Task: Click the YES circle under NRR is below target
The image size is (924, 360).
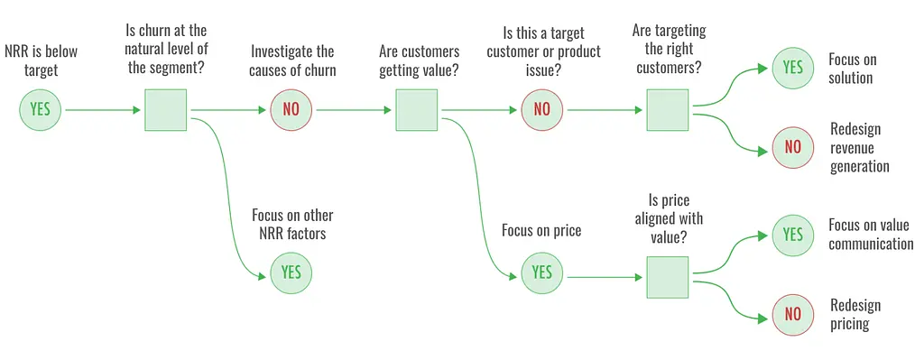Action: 40,109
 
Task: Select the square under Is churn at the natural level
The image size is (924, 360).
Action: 166,109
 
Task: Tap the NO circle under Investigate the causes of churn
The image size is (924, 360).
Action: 291,109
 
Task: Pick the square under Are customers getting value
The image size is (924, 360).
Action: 416,109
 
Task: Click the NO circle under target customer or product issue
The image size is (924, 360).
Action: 541,109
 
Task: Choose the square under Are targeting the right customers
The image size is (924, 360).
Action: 667,109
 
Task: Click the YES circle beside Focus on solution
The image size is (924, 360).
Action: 792,68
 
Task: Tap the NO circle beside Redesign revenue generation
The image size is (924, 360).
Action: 792,147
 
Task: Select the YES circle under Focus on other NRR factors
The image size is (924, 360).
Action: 291,272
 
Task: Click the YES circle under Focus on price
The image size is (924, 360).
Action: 541,272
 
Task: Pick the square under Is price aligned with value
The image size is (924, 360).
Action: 667,277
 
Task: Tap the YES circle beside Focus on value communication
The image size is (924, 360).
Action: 792,235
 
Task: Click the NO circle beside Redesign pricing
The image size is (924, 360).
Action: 792,315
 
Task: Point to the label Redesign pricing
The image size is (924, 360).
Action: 855,315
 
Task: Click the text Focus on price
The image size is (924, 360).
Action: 541,230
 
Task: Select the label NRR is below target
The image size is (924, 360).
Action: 41,60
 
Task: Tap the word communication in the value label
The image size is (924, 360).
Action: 871,244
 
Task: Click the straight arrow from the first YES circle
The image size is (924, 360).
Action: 103,110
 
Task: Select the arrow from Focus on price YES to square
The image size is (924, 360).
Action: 605,277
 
